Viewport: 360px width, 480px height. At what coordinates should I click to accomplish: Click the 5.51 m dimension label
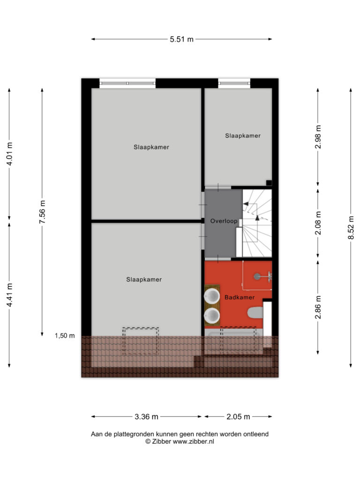click(x=181, y=39)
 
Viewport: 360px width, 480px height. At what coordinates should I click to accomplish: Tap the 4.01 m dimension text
click(x=9, y=154)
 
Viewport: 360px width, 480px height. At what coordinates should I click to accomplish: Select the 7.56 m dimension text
click(x=42, y=212)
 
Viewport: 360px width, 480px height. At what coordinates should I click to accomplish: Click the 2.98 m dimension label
click(x=318, y=137)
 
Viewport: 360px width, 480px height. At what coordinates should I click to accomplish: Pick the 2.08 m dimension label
click(x=318, y=223)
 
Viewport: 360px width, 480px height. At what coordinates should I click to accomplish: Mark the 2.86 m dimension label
click(x=318, y=307)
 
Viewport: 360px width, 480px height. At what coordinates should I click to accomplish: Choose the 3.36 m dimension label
click(x=146, y=417)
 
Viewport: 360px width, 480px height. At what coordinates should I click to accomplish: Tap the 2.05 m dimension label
click(x=238, y=417)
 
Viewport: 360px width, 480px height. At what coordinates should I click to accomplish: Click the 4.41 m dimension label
click(x=9, y=295)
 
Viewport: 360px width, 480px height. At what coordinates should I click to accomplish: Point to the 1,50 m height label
click(x=65, y=336)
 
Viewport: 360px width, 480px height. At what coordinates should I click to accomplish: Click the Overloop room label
click(x=224, y=221)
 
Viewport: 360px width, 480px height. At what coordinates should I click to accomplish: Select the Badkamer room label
click(x=240, y=297)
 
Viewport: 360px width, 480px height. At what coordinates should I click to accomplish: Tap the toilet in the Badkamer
click(x=255, y=313)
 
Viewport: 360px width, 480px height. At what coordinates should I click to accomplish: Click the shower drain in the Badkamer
click(x=256, y=277)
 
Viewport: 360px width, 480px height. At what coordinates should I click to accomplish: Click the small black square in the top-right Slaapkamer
click(x=269, y=183)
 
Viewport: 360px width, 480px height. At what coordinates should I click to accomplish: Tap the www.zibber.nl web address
click(x=194, y=442)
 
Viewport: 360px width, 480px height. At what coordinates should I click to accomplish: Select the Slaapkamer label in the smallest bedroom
click(x=243, y=135)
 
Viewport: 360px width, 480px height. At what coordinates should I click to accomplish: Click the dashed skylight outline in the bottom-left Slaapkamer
click(x=141, y=341)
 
